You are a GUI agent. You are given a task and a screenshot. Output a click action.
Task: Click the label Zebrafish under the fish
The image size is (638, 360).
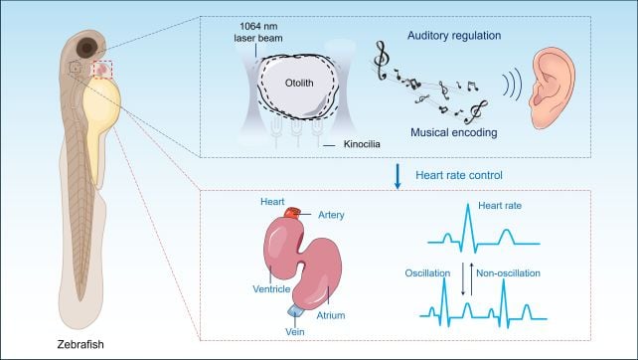[80, 344]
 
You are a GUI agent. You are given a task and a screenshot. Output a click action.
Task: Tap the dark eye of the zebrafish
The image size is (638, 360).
[87, 48]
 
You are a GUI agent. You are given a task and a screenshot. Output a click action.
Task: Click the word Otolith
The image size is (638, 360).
[299, 84]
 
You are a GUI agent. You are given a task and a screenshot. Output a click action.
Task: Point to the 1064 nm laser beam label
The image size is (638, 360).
[258, 32]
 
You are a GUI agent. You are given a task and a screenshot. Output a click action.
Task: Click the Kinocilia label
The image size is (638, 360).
[362, 144]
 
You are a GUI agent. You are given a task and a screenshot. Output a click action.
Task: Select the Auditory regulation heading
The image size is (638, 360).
[454, 36]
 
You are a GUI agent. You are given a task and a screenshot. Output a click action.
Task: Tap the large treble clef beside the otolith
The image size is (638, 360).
[381, 61]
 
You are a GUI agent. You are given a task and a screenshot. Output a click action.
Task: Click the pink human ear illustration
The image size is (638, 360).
[552, 88]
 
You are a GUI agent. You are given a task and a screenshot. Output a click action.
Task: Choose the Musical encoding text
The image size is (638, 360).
[454, 132]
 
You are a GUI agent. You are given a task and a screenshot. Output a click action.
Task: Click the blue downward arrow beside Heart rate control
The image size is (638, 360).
[398, 176]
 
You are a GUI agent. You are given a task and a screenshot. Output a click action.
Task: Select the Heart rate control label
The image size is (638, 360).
[459, 175]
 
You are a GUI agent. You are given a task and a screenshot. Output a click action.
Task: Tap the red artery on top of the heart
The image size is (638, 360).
[292, 213]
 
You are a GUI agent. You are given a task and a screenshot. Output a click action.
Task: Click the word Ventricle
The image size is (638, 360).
[271, 289]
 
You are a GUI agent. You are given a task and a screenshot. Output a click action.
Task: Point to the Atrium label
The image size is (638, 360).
[331, 315]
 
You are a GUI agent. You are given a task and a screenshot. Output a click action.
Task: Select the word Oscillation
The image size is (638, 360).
[427, 273]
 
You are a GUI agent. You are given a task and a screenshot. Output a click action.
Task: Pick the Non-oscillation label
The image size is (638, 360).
[508, 273]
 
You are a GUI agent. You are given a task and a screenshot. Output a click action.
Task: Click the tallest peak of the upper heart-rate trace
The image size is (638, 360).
[468, 205]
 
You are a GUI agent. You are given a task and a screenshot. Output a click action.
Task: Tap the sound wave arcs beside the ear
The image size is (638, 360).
[512, 85]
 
